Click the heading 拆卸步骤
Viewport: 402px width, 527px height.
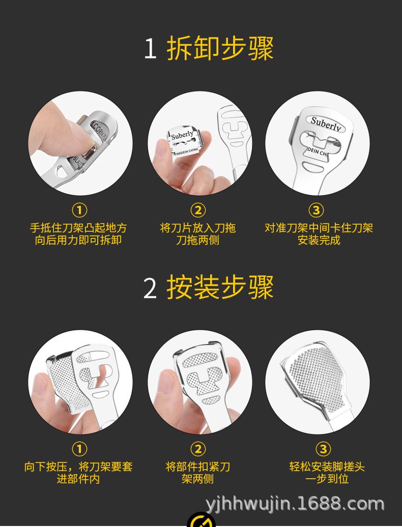pos(220,48)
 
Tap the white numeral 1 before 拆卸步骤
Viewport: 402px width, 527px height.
pos(150,49)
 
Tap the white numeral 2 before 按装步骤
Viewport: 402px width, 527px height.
pos(150,288)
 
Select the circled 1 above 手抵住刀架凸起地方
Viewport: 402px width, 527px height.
pos(79,210)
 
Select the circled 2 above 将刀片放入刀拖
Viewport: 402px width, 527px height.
pos(198,210)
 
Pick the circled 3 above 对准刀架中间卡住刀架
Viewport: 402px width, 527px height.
pos(316,210)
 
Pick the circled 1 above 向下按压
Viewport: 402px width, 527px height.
pos(79,449)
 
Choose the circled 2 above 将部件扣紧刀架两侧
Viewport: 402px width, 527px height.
pos(198,449)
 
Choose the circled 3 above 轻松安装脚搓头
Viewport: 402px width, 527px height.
pos(324,449)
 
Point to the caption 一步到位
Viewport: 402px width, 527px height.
pos(327,479)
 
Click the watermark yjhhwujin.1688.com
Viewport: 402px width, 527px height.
pos(295,504)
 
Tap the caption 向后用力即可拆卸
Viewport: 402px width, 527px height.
pos(78,240)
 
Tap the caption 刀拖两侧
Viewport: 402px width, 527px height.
pos(198,240)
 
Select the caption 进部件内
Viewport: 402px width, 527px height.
pos(78,479)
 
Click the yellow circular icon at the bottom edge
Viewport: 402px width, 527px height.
pos(201,520)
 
